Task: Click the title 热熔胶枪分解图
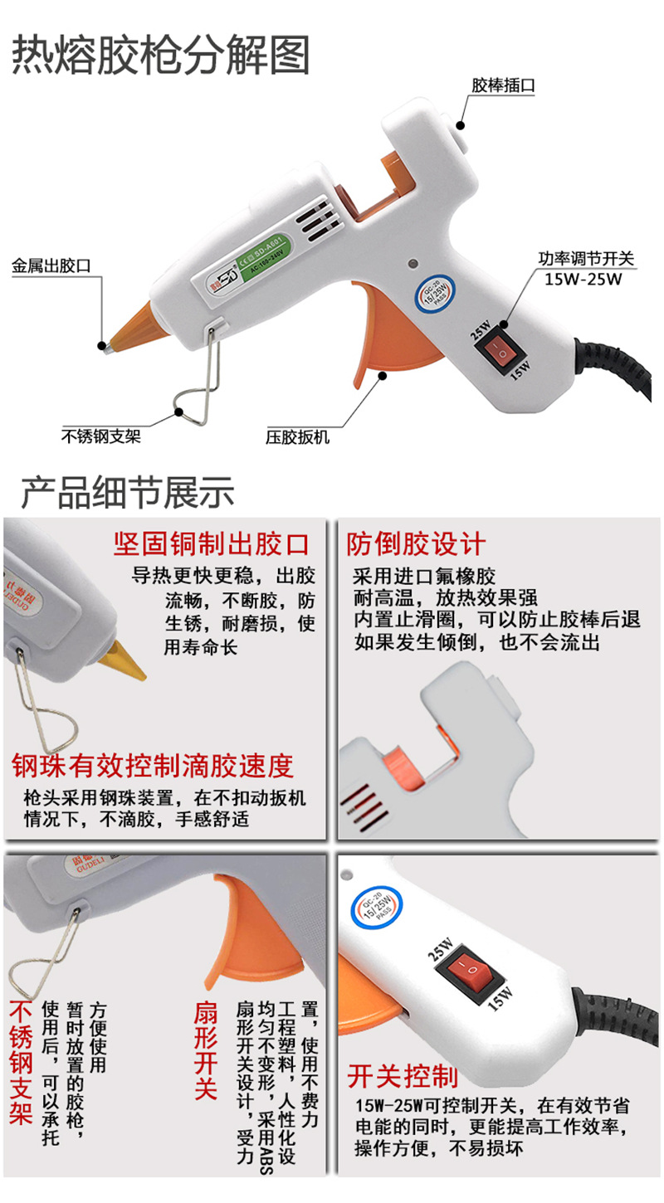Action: (x=161, y=56)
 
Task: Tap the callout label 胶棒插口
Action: (x=504, y=85)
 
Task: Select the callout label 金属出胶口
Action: (x=51, y=266)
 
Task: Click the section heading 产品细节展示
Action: (x=128, y=493)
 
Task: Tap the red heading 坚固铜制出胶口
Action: (x=211, y=544)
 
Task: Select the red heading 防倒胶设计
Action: (x=416, y=544)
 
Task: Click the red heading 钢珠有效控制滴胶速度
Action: (x=153, y=765)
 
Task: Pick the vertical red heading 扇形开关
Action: (x=205, y=1049)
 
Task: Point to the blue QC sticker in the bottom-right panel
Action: (x=382, y=907)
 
